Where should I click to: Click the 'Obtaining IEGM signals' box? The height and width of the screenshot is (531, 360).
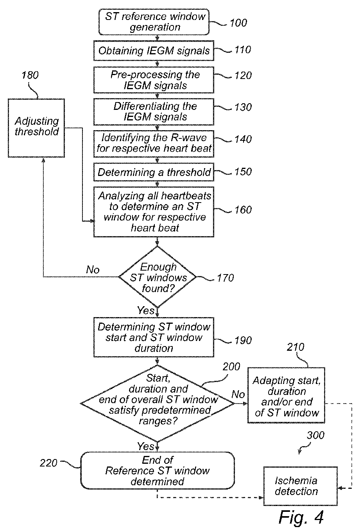(154, 51)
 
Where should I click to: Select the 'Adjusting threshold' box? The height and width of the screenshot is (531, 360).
(36, 128)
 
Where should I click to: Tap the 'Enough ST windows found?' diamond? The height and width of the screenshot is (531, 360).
(158, 277)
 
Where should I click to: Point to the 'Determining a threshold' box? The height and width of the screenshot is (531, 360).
(154, 172)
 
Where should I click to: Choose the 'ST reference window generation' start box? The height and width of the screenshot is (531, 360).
(154, 22)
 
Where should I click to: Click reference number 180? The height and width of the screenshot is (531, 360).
(30, 75)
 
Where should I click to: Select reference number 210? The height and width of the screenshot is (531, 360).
(295, 347)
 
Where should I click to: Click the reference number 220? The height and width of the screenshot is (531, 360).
(48, 463)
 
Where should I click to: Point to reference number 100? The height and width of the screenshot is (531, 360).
(238, 23)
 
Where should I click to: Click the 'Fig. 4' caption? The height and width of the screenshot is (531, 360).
(301, 517)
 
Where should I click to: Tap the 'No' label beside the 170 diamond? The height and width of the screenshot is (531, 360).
(93, 270)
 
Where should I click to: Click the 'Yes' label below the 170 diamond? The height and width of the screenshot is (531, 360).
(145, 310)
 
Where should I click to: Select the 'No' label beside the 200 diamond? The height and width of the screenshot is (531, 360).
(238, 395)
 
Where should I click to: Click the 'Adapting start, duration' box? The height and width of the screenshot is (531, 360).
(286, 395)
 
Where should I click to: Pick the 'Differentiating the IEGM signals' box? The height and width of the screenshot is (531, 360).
(154, 112)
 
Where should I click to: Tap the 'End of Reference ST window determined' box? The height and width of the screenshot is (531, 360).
(158, 470)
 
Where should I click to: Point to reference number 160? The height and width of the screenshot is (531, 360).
(243, 210)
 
